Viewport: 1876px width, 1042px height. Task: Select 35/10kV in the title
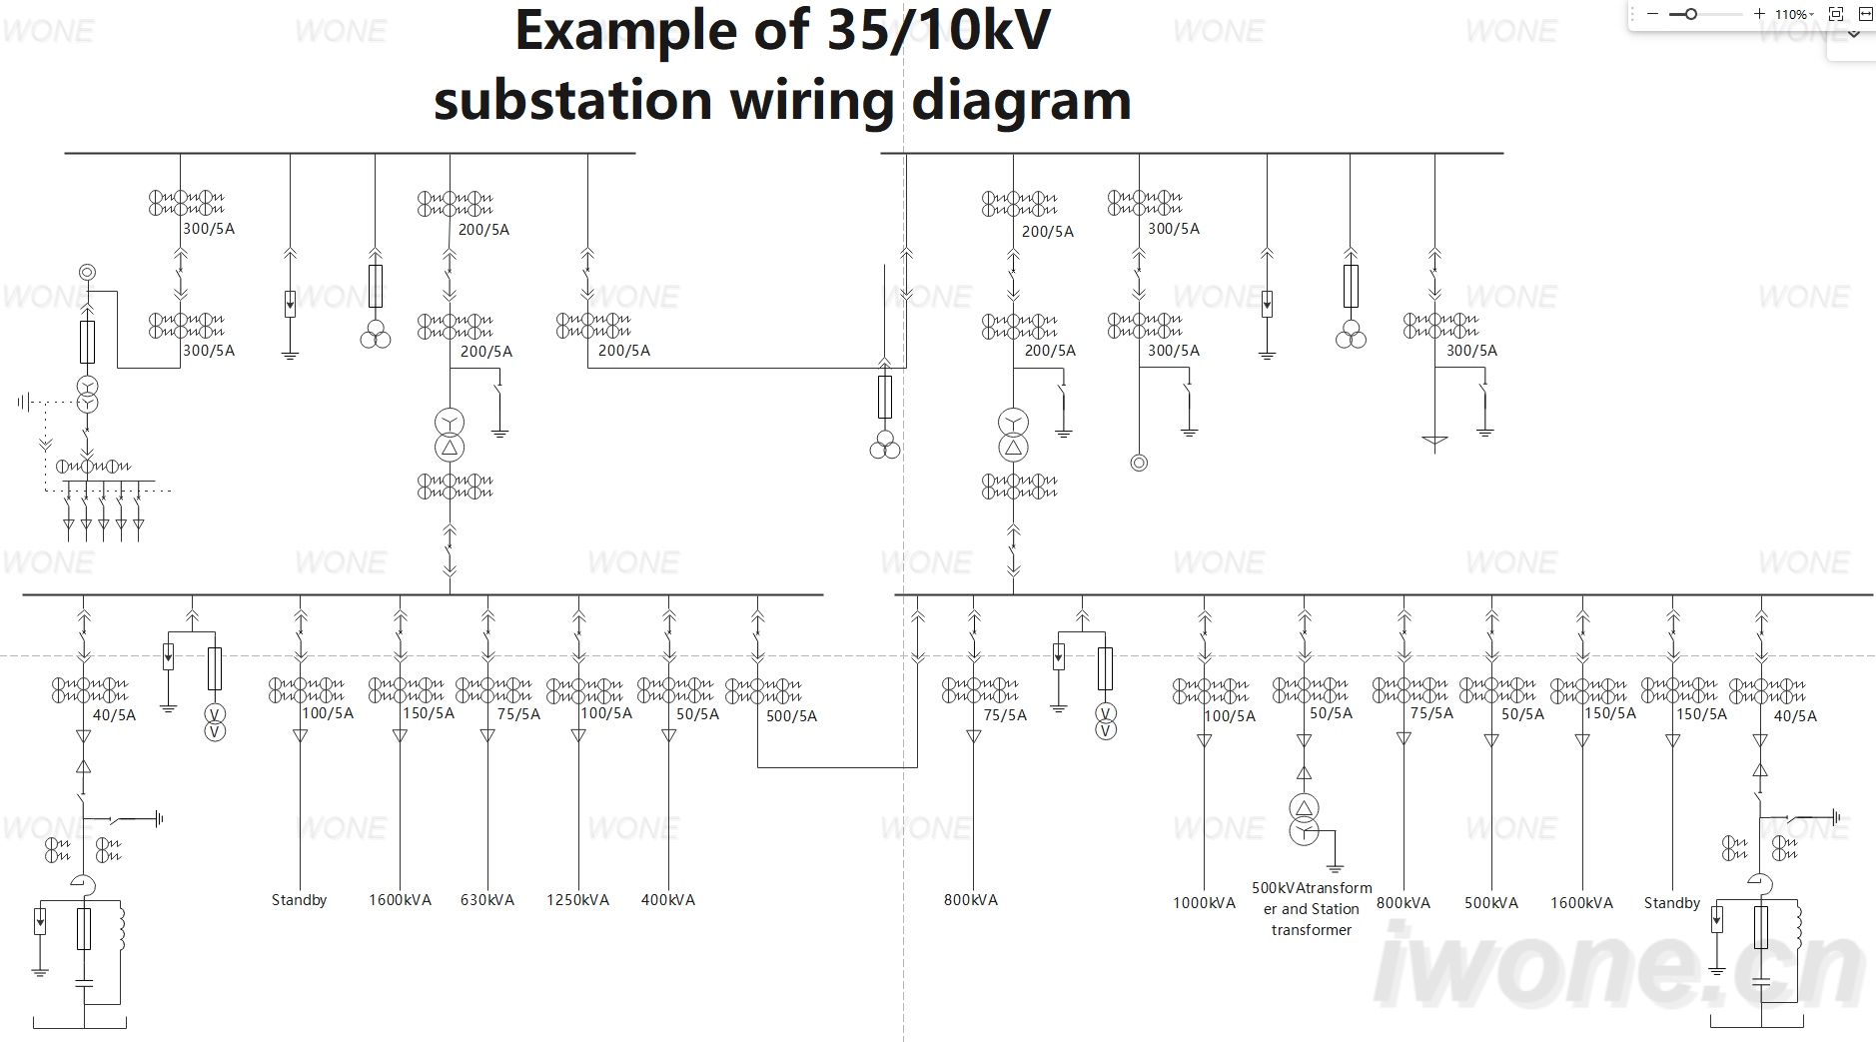(940, 30)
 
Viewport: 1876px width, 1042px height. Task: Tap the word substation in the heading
(572, 100)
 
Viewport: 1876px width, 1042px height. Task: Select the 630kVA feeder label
(487, 900)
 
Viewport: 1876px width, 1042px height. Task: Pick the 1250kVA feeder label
(577, 900)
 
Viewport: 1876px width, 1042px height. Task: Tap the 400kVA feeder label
(668, 900)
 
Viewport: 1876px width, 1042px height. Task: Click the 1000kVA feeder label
(1204, 903)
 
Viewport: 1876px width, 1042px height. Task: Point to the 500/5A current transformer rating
(791, 716)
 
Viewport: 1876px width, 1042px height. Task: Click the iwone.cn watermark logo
(1618, 965)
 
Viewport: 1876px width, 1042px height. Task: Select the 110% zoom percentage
(1791, 15)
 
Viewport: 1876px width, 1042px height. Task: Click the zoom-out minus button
(1652, 14)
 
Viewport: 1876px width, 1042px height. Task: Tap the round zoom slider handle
(1690, 14)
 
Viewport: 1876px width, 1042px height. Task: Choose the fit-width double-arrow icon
(1865, 14)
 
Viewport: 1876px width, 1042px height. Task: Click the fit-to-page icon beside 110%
(1836, 14)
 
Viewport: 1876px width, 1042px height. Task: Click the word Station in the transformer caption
(1335, 909)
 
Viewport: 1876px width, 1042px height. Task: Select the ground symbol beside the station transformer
(1335, 867)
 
